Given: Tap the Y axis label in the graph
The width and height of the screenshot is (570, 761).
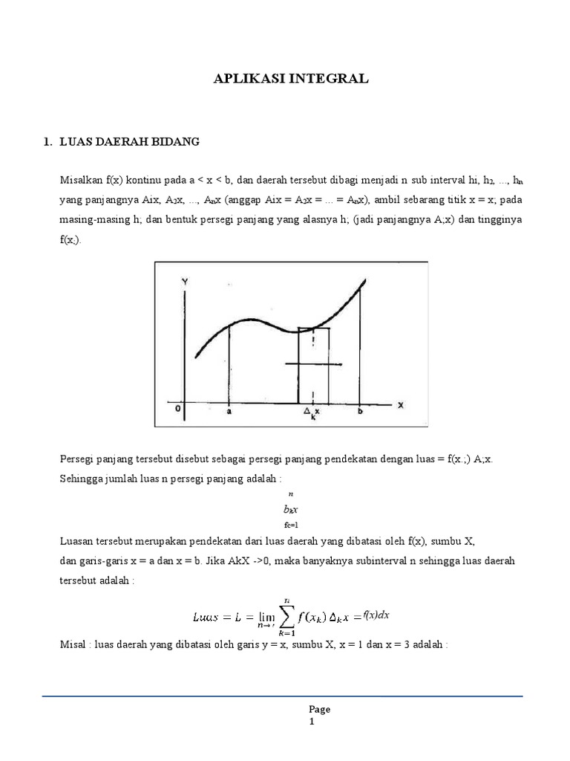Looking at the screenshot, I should click(x=183, y=282).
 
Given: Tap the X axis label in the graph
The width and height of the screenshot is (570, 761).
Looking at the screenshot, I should click(x=400, y=405).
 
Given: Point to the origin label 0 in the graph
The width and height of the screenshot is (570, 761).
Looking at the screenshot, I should click(x=177, y=407).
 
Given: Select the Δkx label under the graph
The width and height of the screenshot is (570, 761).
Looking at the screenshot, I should click(x=312, y=412).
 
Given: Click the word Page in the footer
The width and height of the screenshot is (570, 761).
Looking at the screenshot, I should click(x=320, y=709).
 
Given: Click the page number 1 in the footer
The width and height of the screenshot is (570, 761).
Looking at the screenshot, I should click(x=312, y=722).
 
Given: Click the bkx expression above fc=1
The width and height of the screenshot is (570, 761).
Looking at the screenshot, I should click(x=290, y=511).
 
